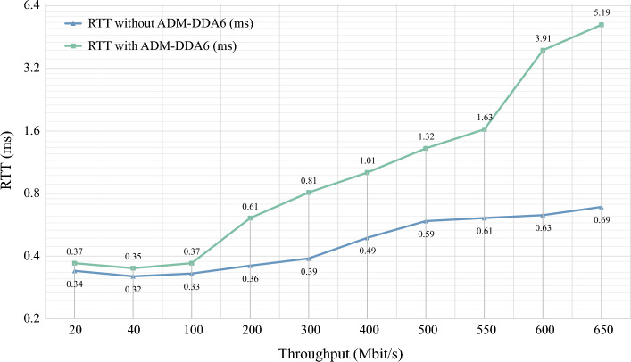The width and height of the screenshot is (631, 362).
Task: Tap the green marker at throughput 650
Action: click(601, 25)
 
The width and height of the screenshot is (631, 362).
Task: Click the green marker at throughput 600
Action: click(543, 50)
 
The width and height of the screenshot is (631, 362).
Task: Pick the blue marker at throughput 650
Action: click(601, 207)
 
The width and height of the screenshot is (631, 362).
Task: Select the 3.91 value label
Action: click(543, 38)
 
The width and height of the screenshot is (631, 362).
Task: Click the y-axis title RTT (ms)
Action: click(12, 162)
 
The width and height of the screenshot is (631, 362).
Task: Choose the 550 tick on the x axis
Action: click(484, 330)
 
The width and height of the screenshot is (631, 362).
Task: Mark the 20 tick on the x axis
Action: click(75, 330)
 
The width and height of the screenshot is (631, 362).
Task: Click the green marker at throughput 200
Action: click(250, 218)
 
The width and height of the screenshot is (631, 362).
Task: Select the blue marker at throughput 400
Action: click(367, 238)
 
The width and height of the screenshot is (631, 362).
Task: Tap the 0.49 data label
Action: click(367, 251)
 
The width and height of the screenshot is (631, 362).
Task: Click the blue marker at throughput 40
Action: click(133, 276)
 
